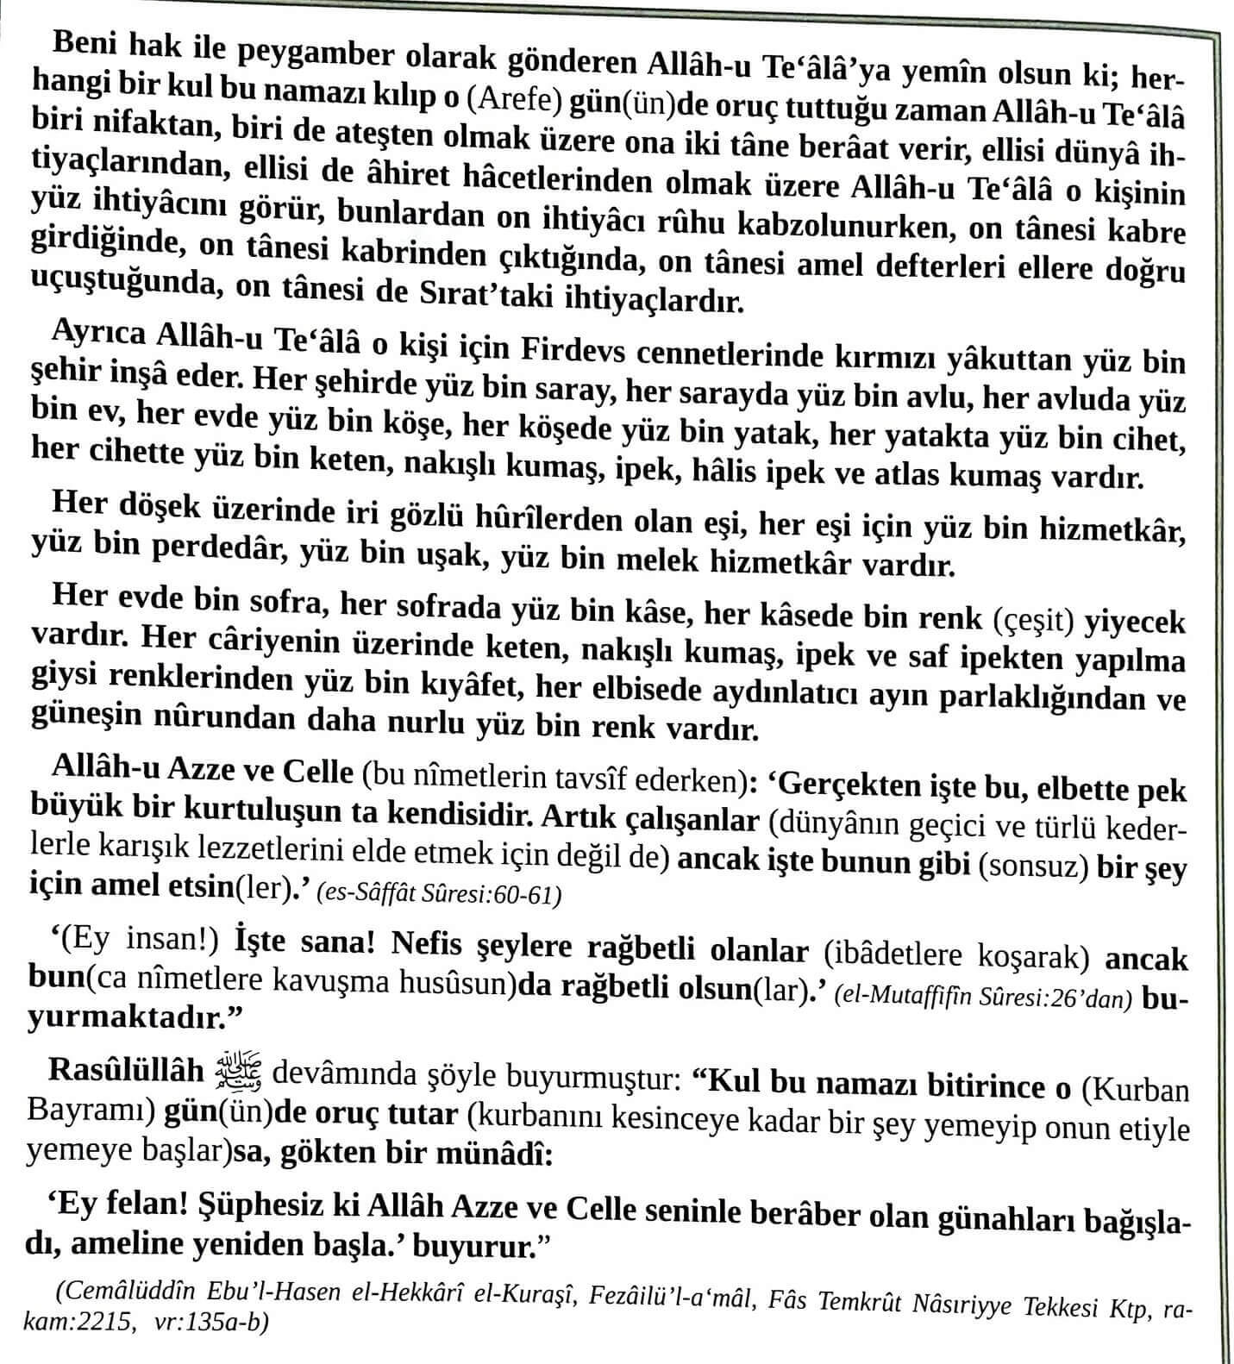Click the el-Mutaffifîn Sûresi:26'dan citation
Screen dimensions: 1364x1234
point(983,998)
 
